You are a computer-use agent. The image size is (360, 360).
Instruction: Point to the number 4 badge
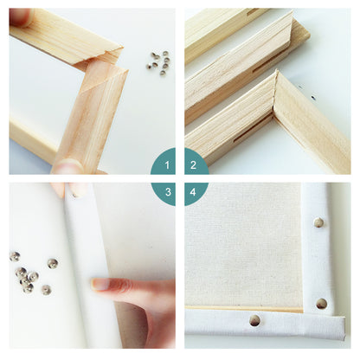pos(194,192)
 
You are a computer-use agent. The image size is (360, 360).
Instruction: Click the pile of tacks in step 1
pos(158,63)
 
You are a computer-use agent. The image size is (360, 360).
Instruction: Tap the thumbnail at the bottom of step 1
pos(67,166)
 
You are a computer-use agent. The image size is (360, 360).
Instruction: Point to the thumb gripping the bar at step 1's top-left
pos(20,17)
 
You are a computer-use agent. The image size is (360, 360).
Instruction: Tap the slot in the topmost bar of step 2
pos(253,12)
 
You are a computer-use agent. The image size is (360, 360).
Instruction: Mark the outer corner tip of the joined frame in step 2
pos(276,71)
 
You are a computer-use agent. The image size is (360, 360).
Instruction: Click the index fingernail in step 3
pos(100,284)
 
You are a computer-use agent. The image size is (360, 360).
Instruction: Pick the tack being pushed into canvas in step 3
pos(75,196)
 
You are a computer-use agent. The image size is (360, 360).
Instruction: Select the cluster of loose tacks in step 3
pos(33,272)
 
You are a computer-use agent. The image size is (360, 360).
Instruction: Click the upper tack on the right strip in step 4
pos(318,222)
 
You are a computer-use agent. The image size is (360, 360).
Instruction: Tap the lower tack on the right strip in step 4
pos(321,304)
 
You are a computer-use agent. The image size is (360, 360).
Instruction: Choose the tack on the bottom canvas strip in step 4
pos(254,320)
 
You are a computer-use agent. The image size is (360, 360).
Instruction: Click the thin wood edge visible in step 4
pos(244,309)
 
